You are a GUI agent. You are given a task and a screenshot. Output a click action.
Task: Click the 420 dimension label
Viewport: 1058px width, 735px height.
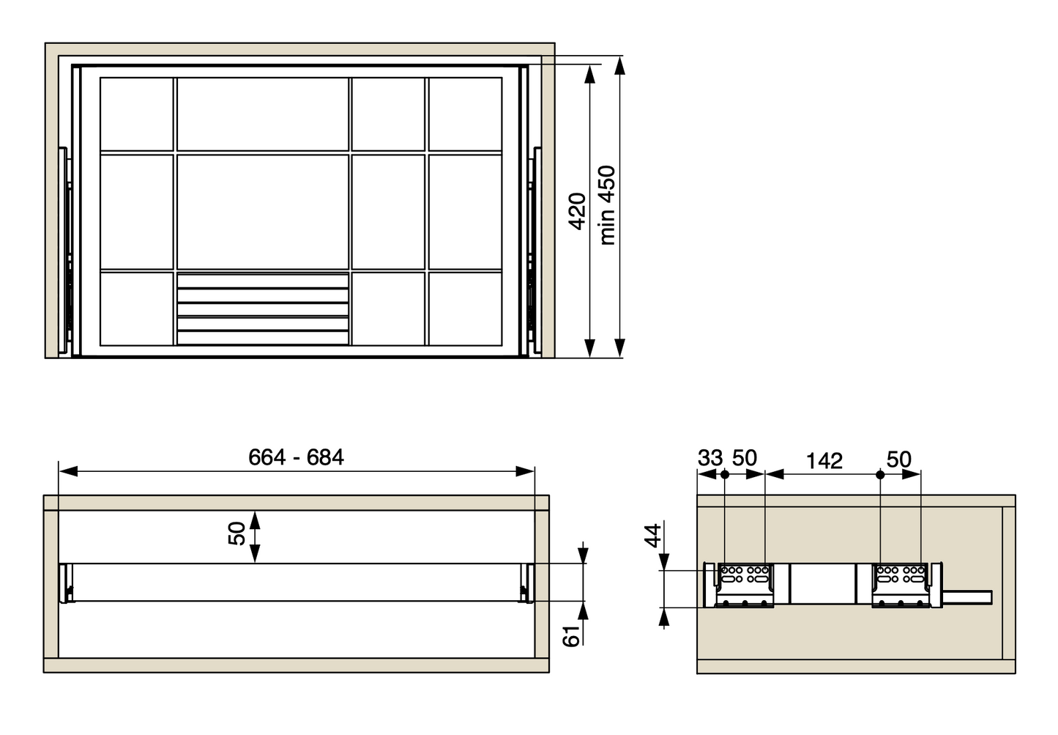tap(578, 211)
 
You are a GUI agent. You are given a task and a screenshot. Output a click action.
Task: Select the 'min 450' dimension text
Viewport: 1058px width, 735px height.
tap(607, 205)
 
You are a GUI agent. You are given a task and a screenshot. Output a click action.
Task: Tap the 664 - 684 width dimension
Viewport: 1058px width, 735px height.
tap(296, 457)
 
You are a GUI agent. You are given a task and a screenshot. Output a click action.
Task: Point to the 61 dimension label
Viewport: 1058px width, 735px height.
tap(571, 636)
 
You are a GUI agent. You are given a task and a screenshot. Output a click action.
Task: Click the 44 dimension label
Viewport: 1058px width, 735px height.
tap(653, 536)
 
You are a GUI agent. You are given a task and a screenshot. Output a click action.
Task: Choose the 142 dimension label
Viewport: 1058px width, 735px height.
tap(824, 461)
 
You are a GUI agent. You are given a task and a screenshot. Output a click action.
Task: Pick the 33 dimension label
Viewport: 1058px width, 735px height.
tap(710, 457)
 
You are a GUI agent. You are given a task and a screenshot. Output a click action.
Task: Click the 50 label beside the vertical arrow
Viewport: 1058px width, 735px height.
tap(236, 533)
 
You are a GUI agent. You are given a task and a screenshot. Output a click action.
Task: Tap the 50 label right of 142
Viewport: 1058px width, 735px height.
tap(899, 459)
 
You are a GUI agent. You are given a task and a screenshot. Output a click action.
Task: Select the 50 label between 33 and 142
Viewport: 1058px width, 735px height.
tap(745, 457)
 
